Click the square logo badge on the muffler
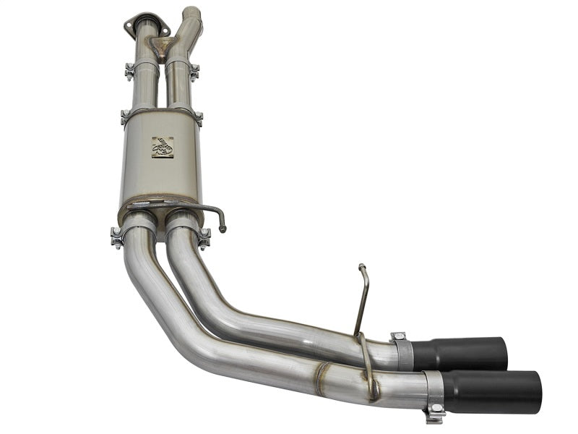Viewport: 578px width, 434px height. click(162, 147)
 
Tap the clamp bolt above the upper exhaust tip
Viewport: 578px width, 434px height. click(398, 337)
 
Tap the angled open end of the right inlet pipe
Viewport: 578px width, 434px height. click(191, 11)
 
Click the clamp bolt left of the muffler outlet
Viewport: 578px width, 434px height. click(116, 237)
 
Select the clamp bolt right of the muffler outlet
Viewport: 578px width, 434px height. click(205, 236)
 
